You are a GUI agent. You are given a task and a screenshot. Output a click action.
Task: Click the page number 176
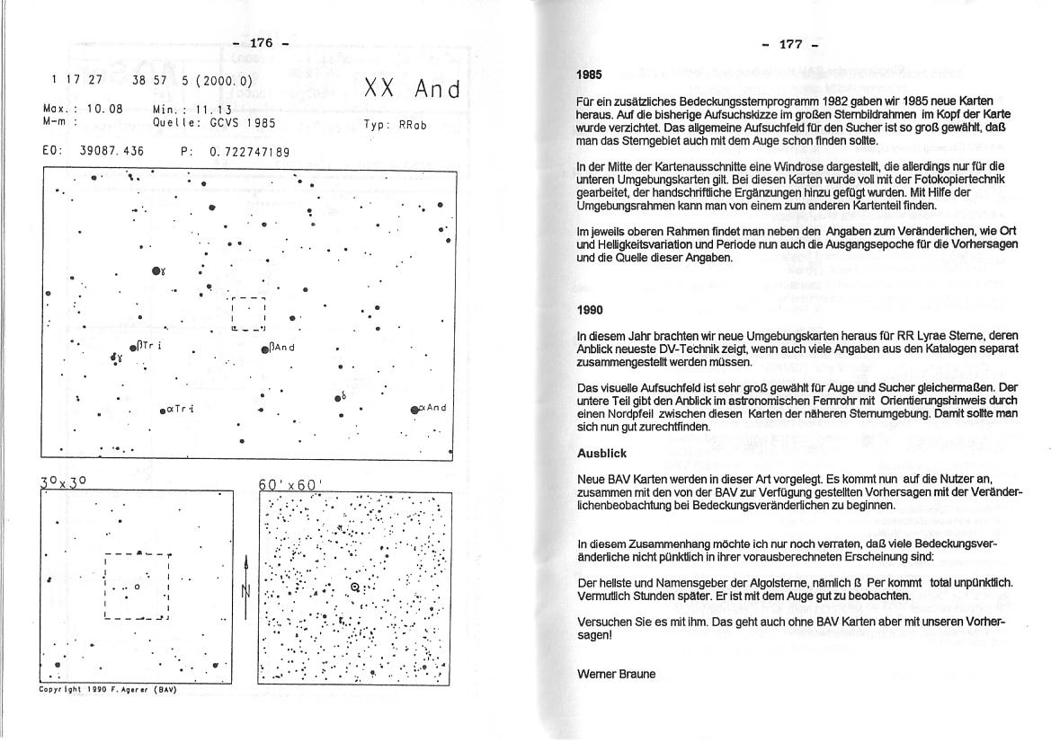point(261,43)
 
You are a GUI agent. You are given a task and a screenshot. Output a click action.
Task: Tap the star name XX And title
point(412,90)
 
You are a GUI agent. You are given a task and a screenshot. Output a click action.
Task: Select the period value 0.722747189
point(250,152)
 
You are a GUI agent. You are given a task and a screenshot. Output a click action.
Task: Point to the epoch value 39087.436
point(112,152)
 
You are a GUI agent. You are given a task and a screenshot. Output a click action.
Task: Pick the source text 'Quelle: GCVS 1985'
point(214,123)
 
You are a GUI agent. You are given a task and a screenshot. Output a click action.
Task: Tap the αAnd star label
point(433,408)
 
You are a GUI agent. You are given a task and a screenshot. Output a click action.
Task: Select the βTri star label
point(149,346)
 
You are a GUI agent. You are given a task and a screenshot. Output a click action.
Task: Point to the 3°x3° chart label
point(64,483)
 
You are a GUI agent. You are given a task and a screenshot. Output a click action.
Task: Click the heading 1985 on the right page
point(590,75)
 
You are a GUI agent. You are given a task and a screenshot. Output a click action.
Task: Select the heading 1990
point(590,310)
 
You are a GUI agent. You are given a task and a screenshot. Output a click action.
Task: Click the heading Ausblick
point(601,454)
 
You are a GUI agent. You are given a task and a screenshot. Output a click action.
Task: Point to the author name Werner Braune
point(616,673)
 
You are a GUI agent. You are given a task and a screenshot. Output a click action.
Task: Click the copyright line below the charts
point(108,690)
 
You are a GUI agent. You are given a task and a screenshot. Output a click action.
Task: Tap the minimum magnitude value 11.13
point(214,109)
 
